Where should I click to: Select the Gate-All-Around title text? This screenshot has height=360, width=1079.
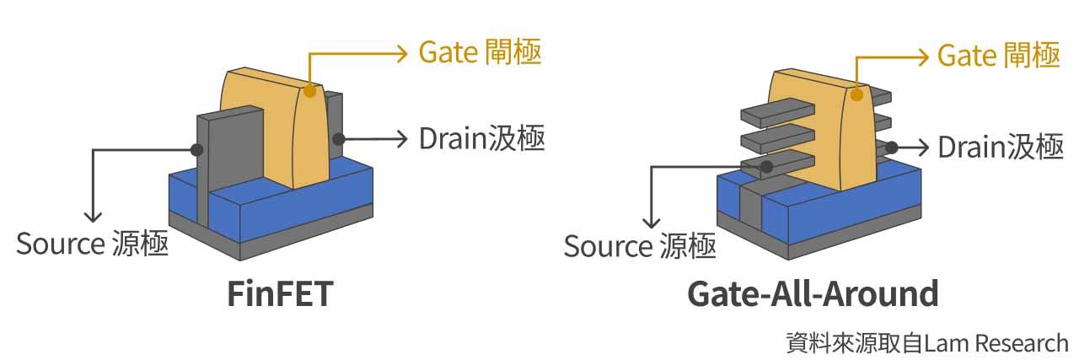[813, 294]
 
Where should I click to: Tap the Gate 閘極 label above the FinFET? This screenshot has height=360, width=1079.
[480, 53]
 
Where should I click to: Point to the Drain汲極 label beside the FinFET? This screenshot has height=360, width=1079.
[481, 137]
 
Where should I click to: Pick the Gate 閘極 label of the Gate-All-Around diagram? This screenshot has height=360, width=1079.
[998, 56]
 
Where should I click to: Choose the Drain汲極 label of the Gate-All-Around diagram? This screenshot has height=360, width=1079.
[1001, 147]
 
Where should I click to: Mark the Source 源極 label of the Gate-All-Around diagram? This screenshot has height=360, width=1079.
[640, 246]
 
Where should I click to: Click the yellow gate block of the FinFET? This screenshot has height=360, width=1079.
[270, 126]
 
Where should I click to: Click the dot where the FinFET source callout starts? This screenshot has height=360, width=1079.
[197, 150]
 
